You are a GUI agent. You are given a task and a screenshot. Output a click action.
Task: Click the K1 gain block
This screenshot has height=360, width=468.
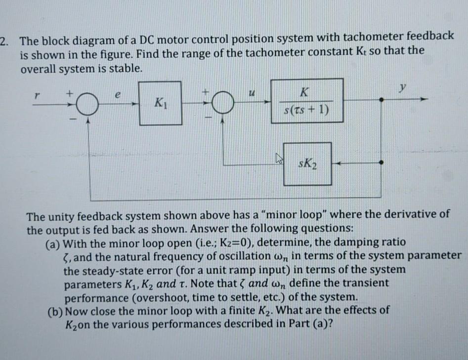coord(159,104)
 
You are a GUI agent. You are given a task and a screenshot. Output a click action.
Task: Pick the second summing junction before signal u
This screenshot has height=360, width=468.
coord(223,105)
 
